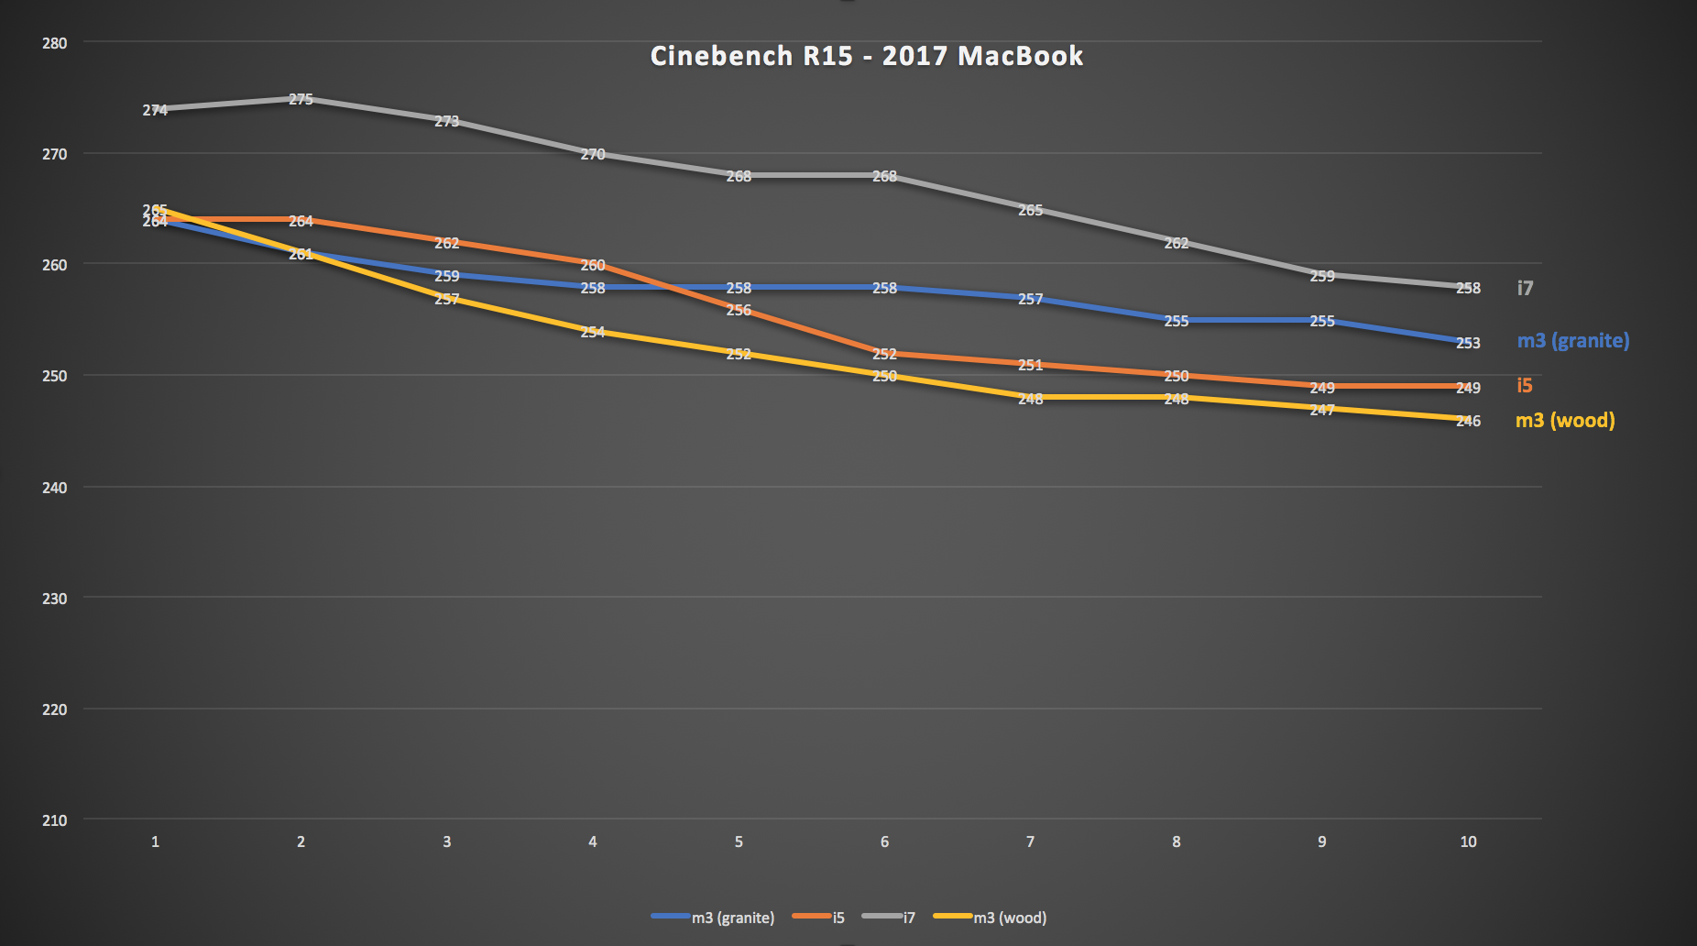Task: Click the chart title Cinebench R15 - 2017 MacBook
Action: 866,56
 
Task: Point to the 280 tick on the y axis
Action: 55,43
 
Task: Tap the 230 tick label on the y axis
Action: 55,599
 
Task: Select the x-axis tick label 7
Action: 1030,841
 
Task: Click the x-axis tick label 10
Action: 1468,841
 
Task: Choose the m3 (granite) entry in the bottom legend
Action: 714,918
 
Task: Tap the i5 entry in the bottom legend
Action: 819,918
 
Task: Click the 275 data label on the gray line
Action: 301,99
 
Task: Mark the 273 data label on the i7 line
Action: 446,121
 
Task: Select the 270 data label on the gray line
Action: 593,155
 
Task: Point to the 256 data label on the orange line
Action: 739,311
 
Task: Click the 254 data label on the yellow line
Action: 593,332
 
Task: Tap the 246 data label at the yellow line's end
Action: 1468,422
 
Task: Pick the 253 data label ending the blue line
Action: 1468,343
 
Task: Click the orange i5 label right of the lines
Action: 1525,386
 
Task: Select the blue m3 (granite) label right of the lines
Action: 1573,341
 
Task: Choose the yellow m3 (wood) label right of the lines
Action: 1565,421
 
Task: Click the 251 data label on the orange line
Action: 1030,366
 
